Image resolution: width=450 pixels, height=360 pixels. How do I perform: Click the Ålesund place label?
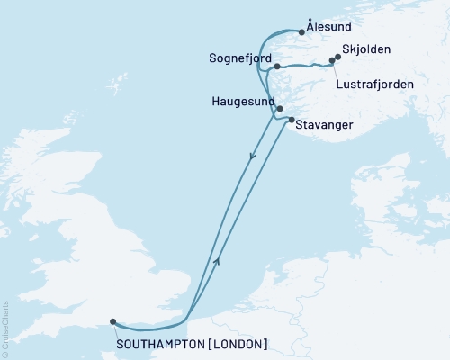(328, 28)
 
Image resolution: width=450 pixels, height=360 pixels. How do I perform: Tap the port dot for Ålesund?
(301, 33)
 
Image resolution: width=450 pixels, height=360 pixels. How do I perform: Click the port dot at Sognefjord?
(277, 67)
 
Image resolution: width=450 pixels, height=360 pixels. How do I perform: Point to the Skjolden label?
(368, 51)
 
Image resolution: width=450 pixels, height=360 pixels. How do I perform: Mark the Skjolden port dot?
(338, 58)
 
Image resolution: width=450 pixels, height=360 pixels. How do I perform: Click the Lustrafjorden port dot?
(332, 62)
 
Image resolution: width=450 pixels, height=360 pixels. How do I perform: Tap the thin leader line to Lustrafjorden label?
(337, 72)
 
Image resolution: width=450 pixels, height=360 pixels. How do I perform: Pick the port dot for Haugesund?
(280, 109)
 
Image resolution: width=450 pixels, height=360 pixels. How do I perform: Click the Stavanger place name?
(325, 126)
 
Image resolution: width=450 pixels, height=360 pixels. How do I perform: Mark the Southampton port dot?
(112, 320)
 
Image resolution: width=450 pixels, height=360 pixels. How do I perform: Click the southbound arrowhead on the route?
(251, 157)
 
